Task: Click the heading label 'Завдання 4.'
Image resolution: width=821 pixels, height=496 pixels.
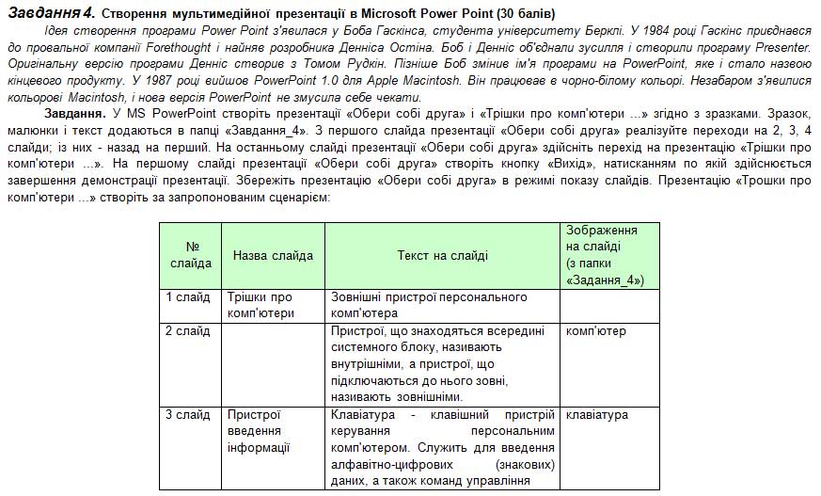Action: coord(48,13)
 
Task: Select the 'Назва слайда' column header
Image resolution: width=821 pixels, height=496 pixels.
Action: coord(273,255)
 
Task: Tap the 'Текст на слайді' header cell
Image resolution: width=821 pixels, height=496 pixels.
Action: coord(442,255)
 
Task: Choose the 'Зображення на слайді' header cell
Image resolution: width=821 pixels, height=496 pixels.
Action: coord(608,255)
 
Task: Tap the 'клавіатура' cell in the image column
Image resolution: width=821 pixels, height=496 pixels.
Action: coord(597,415)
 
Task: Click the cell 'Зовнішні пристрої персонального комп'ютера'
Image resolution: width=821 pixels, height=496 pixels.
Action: coord(428,305)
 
